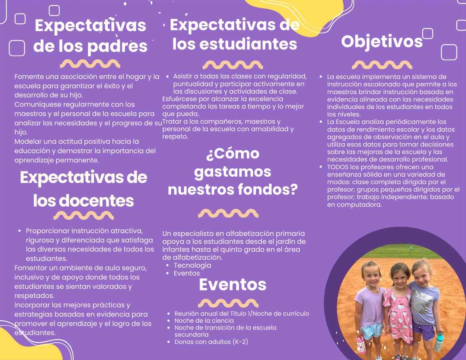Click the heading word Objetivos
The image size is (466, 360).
click(382, 42)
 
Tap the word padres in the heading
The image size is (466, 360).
click(117, 46)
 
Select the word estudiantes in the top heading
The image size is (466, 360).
click(248, 44)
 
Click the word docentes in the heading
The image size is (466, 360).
click(96, 201)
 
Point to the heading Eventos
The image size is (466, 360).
click(232, 284)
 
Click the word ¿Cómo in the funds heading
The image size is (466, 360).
click(233, 153)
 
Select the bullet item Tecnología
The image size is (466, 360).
click(192, 265)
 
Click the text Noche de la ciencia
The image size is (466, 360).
click(204, 320)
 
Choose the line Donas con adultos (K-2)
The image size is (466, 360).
click(211, 342)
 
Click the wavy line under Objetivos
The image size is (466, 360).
click(382, 65)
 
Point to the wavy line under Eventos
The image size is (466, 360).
click(228, 303)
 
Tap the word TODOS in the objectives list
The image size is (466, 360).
click(338, 167)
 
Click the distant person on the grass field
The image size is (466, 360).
click(411, 249)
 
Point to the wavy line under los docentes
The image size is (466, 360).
click(84, 215)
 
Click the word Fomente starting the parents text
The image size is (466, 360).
click(28, 77)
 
